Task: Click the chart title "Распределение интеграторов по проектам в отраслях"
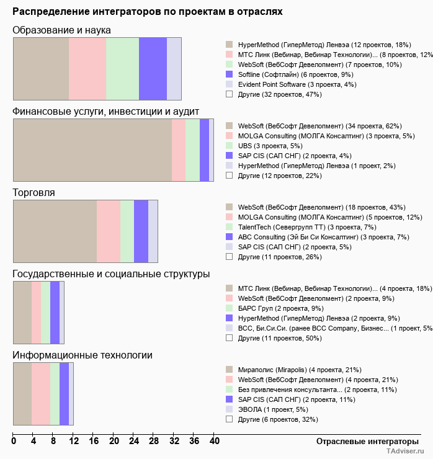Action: click(x=148, y=12)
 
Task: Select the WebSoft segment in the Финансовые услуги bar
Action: click(x=92, y=150)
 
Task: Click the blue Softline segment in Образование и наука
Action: click(x=153, y=68)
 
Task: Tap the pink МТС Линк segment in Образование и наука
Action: click(x=87, y=68)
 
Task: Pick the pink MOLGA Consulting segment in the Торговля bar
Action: click(x=109, y=231)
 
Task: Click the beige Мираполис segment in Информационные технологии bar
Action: click(x=22, y=394)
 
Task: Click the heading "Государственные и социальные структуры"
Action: click(x=111, y=274)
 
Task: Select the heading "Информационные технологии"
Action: click(x=83, y=355)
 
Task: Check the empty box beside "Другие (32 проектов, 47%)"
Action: click(x=229, y=94)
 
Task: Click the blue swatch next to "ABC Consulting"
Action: click(x=229, y=236)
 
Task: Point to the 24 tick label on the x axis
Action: click(x=134, y=442)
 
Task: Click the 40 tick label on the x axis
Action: click(x=214, y=442)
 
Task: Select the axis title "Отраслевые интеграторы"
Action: click(x=364, y=441)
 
